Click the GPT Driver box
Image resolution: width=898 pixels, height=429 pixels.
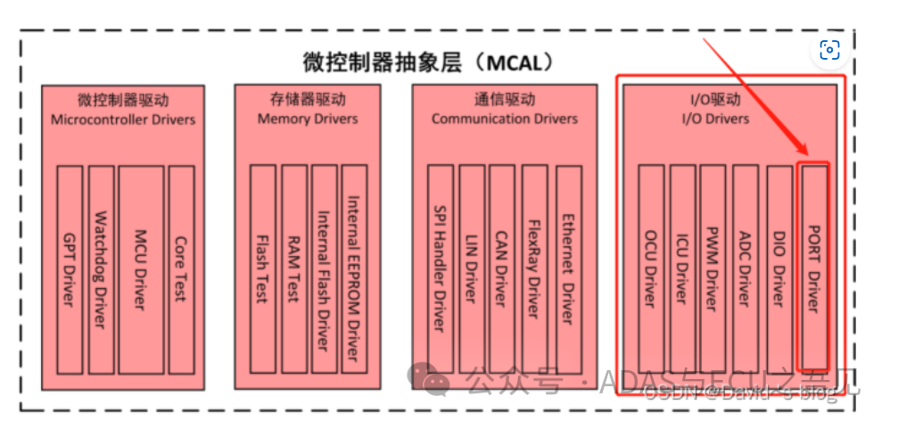69,268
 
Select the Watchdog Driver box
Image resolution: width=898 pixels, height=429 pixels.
101,268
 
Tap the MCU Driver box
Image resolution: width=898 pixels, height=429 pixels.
141,268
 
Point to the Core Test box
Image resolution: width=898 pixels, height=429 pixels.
181,268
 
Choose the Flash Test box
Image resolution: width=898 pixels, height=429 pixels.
262,268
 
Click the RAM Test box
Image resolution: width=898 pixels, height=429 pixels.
293,268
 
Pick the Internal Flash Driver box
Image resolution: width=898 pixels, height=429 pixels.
324,268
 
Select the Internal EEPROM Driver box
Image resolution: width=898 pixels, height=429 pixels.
354,268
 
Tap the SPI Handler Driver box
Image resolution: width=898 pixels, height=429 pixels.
440,268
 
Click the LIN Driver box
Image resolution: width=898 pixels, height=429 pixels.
472,268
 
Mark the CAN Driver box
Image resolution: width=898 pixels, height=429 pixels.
502,268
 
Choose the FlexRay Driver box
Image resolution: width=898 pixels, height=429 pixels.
534,268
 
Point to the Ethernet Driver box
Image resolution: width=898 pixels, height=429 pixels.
568,268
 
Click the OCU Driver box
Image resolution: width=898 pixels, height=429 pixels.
650,268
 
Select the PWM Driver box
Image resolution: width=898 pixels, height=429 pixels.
712,268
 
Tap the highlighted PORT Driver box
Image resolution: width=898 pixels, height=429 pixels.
812,268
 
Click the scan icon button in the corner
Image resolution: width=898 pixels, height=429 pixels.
830,50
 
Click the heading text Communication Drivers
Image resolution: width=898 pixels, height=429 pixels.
505,119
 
